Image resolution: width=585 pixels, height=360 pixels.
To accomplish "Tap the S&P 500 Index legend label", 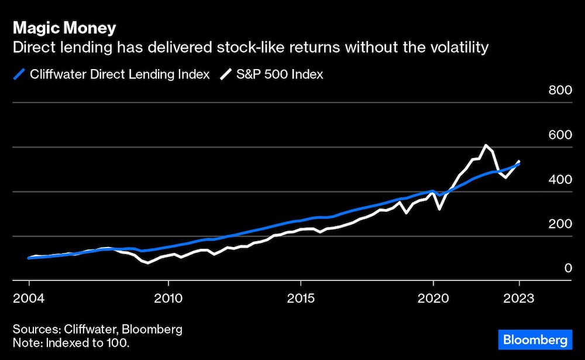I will (x=280, y=74).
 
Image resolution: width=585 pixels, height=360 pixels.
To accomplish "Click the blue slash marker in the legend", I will (x=19, y=74).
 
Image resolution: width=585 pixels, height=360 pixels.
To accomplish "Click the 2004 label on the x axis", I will (x=29, y=298).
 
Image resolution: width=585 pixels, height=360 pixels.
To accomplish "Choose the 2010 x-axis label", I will (x=168, y=298).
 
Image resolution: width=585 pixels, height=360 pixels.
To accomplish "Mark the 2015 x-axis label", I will (x=300, y=298).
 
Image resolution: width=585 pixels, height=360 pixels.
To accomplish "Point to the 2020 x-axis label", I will (x=433, y=298).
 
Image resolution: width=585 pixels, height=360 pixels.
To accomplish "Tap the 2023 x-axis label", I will (x=519, y=298).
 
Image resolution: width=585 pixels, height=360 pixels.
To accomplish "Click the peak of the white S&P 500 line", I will (x=486, y=145).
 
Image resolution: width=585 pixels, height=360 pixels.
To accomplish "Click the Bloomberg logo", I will (x=533, y=339).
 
